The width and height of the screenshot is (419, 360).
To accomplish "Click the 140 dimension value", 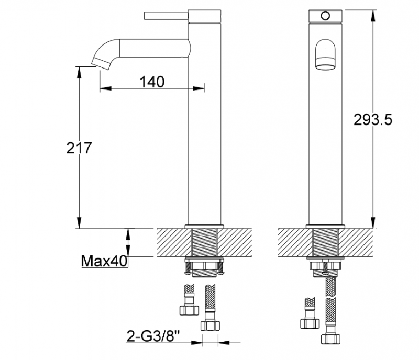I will (x=152, y=82).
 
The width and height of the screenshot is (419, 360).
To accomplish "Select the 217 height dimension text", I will (x=80, y=148).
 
